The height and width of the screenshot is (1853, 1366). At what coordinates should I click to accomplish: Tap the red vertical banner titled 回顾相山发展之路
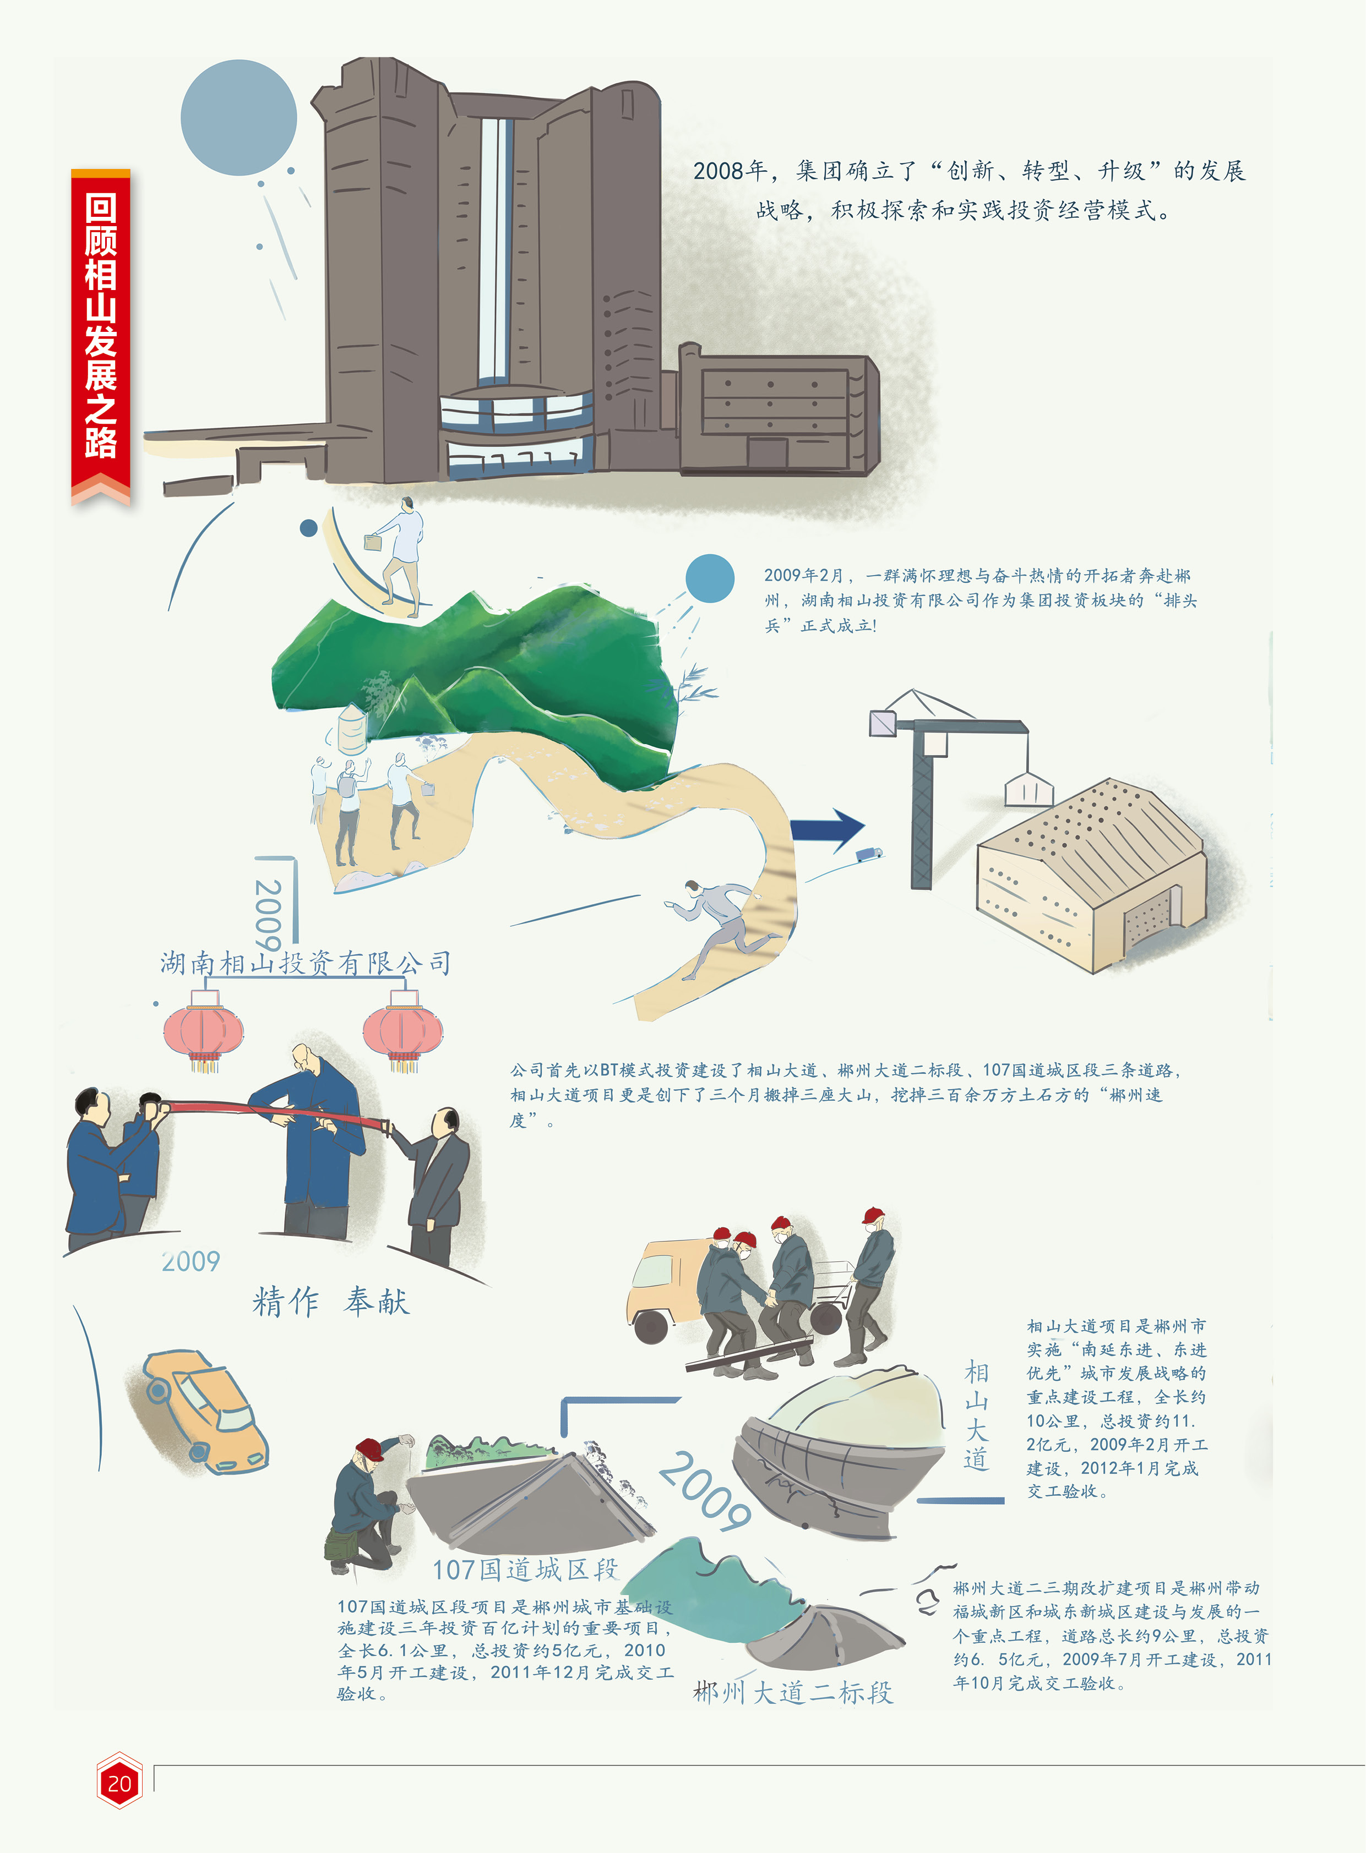(x=100, y=331)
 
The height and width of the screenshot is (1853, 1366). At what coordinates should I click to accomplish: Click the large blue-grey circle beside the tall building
(x=238, y=117)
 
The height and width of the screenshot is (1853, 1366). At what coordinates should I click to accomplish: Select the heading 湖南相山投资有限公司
(x=306, y=963)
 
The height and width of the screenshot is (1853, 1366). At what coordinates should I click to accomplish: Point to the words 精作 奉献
(x=331, y=1302)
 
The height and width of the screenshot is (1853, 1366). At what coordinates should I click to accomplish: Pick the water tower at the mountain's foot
(x=353, y=729)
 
